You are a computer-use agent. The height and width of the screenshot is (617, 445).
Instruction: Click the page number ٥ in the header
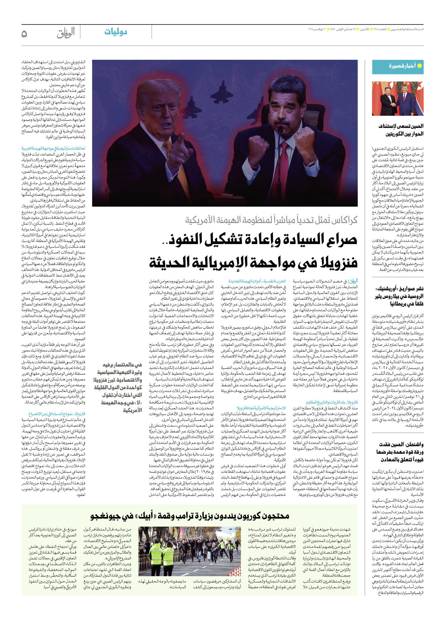[24, 34]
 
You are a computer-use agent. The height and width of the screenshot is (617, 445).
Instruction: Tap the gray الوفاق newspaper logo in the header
[66, 33]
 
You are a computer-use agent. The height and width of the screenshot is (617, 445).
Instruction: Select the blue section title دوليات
[116, 32]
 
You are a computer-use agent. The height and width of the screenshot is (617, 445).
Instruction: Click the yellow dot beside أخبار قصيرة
[419, 66]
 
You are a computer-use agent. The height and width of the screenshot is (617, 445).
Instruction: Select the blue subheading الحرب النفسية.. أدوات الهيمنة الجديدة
[257, 281]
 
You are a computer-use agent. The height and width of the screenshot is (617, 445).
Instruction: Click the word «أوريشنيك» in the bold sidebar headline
[388, 289]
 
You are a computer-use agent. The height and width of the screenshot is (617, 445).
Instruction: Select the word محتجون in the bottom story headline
[275, 516]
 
